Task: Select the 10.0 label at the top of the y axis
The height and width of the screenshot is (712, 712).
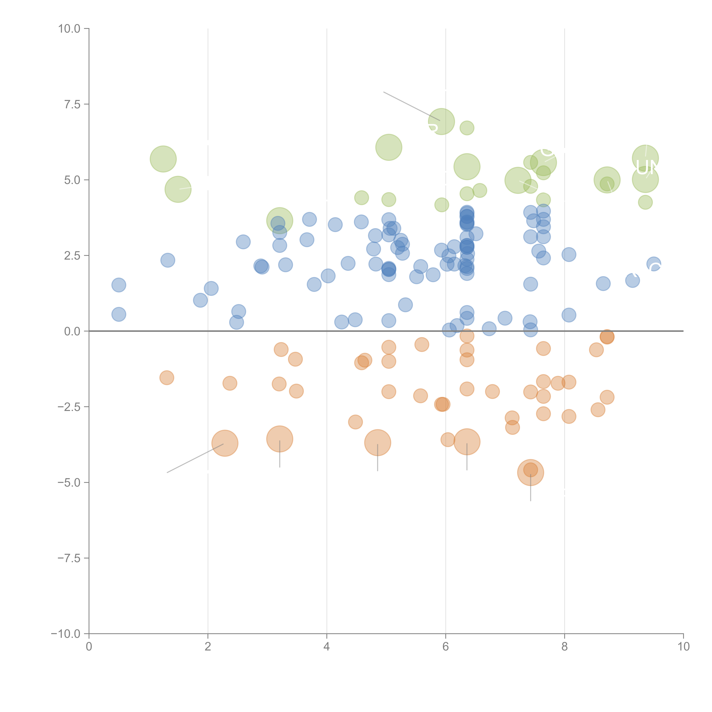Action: click(x=69, y=29)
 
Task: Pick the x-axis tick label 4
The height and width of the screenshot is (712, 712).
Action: click(x=327, y=647)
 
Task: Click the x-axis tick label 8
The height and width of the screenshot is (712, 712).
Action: click(x=565, y=647)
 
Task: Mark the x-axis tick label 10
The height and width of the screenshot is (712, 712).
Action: click(x=683, y=647)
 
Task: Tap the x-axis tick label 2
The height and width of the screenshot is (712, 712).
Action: click(x=208, y=647)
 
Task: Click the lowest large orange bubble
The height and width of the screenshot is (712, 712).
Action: click(x=530, y=472)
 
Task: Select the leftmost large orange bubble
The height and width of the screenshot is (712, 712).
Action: click(x=225, y=443)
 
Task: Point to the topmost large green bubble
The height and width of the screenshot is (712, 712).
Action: click(x=441, y=122)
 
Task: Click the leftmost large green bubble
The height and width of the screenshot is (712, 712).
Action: click(x=163, y=159)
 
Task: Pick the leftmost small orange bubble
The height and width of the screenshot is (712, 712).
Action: click(x=167, y=378)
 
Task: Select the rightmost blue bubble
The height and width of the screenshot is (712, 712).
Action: click(x=653, y=264)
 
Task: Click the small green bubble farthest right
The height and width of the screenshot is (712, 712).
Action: click(x=645, y=202)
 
